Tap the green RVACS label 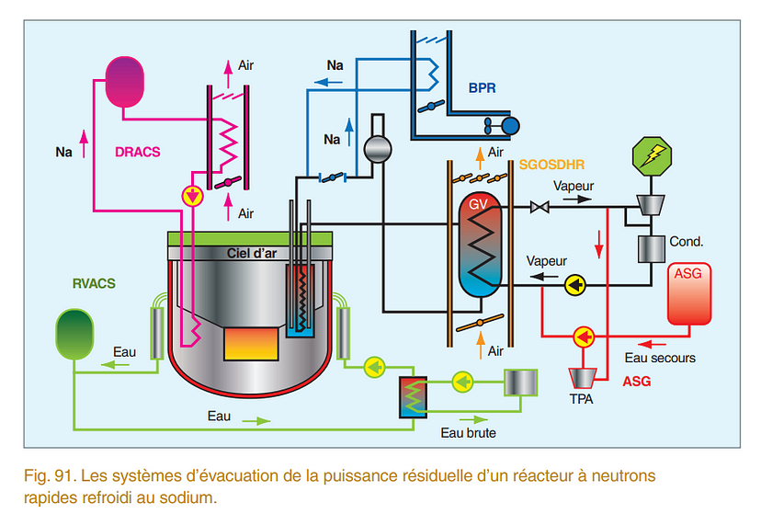(94, 284)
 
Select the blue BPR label (481, 91)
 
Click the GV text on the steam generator (478, 204)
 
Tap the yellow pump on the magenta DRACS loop (192, 196)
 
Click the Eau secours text (659, 358)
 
